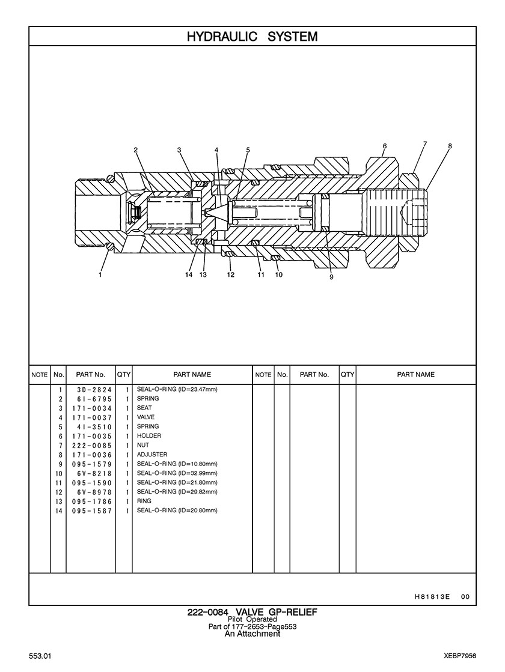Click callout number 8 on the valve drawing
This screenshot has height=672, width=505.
tap(450, 146)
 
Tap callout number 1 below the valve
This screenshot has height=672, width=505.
tap(100, 274)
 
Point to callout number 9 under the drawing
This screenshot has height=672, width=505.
tap(331, 277)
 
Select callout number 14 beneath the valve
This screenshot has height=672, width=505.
tap(189, 274)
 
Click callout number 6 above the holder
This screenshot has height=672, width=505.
tap(384, 146)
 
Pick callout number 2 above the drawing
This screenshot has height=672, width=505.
tap(136, 150)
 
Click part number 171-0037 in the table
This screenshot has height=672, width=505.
tap(92, 417)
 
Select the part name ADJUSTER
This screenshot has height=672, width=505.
tap(152, 454)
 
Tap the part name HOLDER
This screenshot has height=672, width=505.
tap(149, 435)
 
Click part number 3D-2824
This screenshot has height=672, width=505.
tap(94, 390)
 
